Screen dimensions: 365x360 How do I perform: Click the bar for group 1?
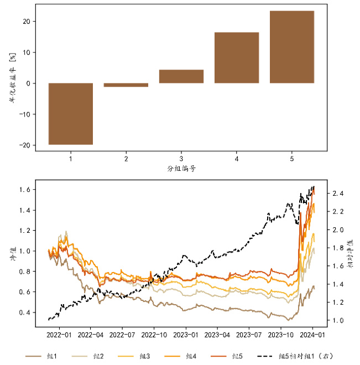coord(71,113)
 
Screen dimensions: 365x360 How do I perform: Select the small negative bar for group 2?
coord(126,85)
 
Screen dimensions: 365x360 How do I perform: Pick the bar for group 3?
coord(181,76)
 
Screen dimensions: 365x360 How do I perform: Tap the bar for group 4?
coord(237,58)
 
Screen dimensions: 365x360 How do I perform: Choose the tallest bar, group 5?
coord(292,47)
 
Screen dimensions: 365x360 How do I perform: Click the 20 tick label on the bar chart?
coord(25,22)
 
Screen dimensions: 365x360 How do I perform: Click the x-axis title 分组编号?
coord(181,169)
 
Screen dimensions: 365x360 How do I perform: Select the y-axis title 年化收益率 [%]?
coord(11,83)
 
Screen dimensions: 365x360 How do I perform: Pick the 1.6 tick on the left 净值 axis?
coord(24,190)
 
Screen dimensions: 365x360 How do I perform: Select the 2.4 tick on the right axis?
coord(338,194)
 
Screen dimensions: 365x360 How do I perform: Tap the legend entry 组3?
coord(143,355)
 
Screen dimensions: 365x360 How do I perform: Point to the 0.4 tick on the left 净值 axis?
coord(24,312)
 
